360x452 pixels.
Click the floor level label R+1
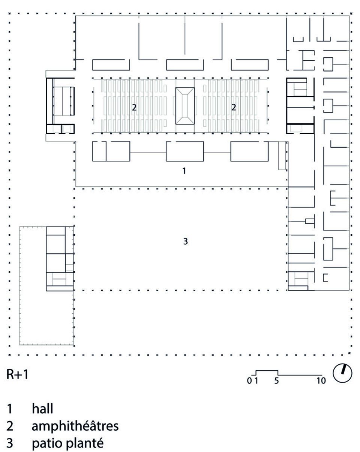(x=17, y=374)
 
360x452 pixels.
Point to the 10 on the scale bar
(x=321, y=382)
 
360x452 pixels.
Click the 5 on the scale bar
(x=276, y=382)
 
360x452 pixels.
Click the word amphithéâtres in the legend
(x=75, y=426)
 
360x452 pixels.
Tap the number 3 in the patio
(x=185, y=242)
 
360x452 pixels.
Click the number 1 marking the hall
(x=184, y=171)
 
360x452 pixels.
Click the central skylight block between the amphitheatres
(x=184, y=106)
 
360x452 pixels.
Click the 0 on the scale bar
(x=249, y=382)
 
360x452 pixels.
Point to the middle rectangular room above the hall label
(x=185, y=151)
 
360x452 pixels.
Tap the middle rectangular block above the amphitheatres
(x=182, y=65)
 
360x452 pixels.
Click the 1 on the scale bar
(x=256, y=382)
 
